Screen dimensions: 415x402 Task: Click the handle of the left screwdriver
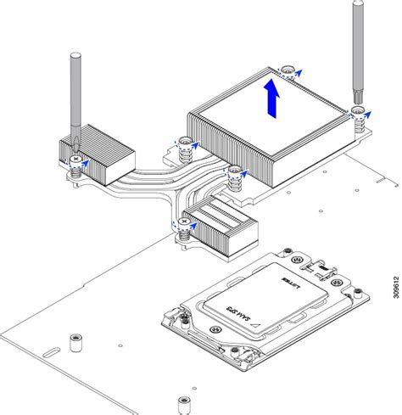(x=74, y=90)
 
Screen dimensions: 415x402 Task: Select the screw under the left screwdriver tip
(x=76, y=160)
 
